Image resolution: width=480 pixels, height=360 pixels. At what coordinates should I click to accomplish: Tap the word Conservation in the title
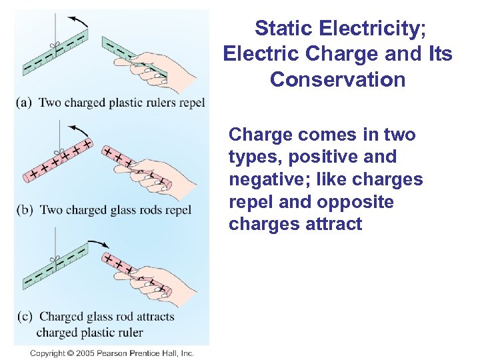pyautogui.click(x=337, y=80)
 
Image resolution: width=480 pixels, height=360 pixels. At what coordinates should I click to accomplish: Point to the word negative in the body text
pyautogui.click(x=263, y=180)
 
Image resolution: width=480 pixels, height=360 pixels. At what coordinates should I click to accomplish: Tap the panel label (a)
pyautogui.click(x=25, y=103)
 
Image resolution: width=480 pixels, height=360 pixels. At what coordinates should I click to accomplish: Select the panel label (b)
pyautogui.click(x=25, y=210)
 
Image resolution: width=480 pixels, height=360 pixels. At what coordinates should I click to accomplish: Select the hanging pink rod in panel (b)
pyautogui.click(x=53, y=160)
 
